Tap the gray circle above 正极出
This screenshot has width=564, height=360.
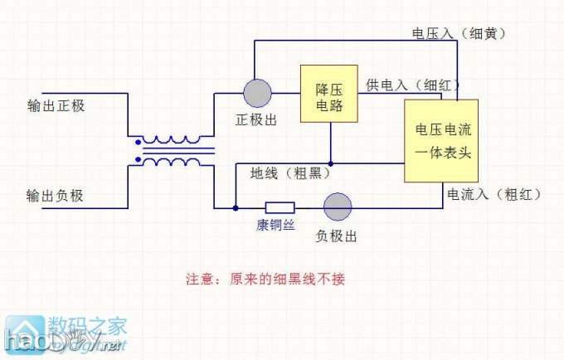pyautogui.click(x=257, y=93)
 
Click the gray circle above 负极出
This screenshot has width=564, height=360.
pyautogui.click(x=337, y=207)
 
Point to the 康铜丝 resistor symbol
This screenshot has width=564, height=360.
pyautogui.click(x=280, y=207)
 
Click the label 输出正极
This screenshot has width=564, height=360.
pyautogui.click(x=56, y=107)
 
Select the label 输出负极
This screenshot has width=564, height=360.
pyautogui.click(x=56, y=196)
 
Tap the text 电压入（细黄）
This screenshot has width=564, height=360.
pyautogui.click(x=459, y=33)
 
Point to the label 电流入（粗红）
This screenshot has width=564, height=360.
pyautogui.click(x=494, y=194)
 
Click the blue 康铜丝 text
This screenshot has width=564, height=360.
pyautogui.click(x=275, y=226)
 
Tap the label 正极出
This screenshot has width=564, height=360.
pyautogui.click(x=256, y=120)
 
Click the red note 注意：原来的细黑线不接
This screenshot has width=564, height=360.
pyautogui.click(x=265, y=279)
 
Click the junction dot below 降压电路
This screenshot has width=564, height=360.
pyautogui.click(x=330, y=163)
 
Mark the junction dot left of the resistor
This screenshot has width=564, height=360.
pyautogui.click(x=236, y=207)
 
